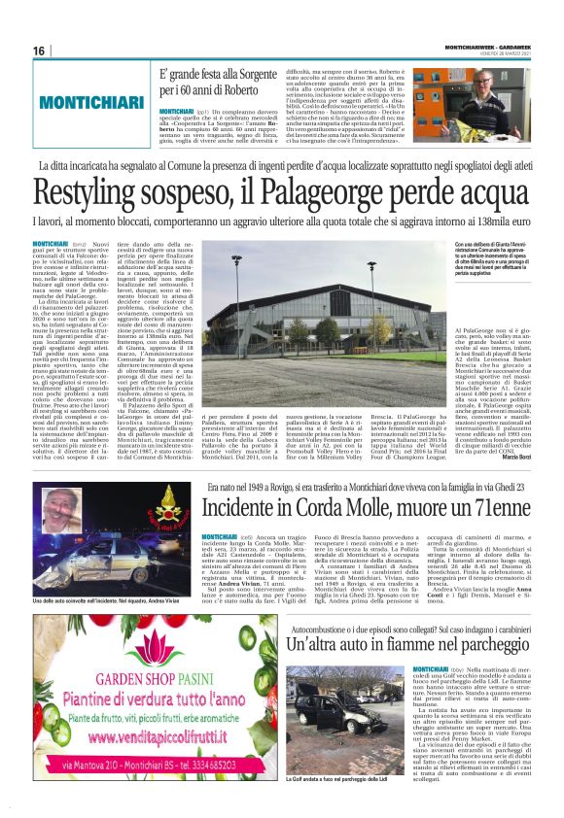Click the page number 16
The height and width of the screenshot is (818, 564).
[39, 51]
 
